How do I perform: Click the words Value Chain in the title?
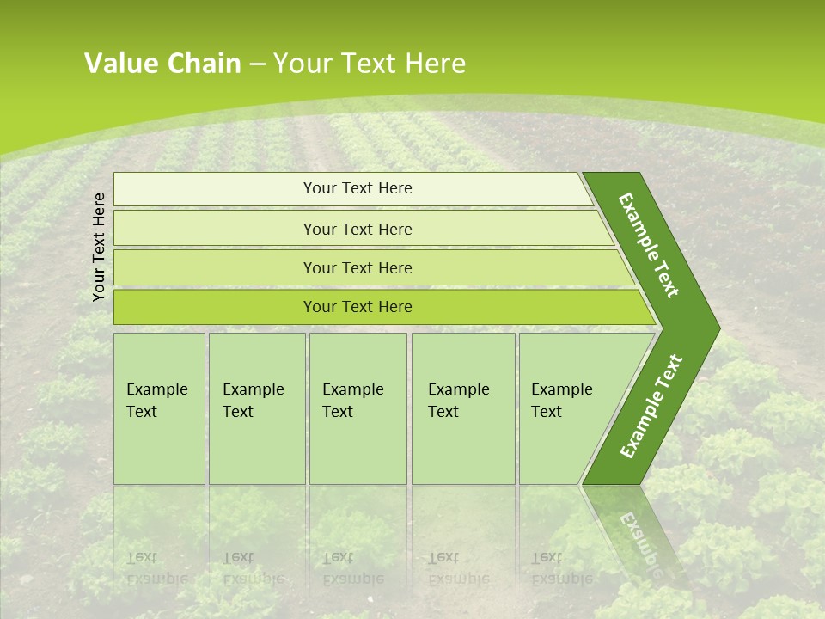[x=162, y=64]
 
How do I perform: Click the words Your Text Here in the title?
[x=370, y=64]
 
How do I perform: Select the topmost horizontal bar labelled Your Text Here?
[x=357, y=188]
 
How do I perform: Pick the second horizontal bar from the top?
[x=357, y=229]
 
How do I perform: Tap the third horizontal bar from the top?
[x=357, y=267]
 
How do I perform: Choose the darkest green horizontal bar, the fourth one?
[x=357, y=307]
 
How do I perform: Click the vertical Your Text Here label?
[x=99, y=247]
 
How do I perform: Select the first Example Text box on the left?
[x=159, y=408]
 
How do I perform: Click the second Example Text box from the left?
[x=256, y=408]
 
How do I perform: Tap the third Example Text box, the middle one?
[x=357, y=408]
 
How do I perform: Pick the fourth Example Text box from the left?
[x=462, y=408]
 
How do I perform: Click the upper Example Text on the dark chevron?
[x=650, y=245]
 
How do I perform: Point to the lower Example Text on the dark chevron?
[x=651, y=406]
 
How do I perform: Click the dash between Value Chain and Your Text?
[x=257, y=64]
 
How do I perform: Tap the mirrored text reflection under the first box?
[x=155, y=567]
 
